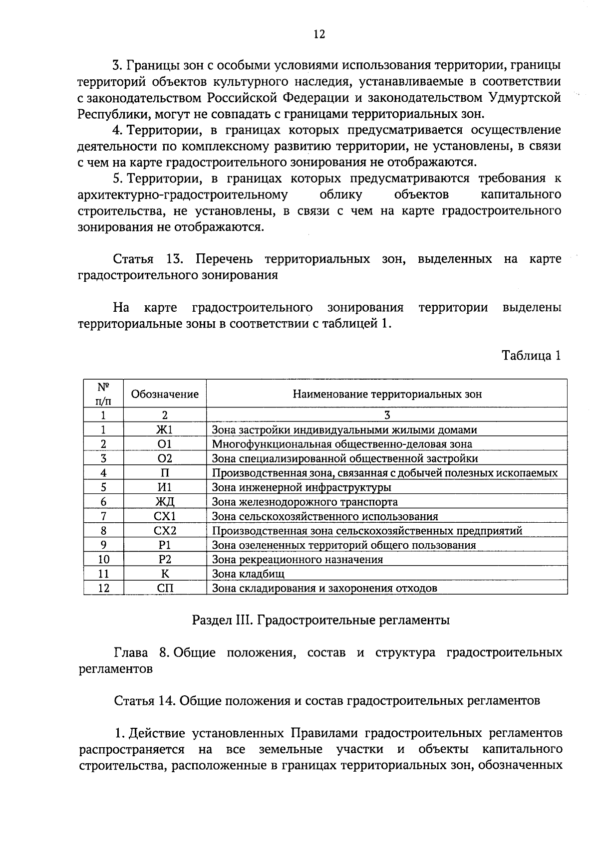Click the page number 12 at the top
[319, 34]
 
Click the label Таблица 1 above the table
[531, 355]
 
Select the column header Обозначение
[165, 394]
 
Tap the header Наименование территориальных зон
[387, 394]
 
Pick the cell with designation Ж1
[165, 430]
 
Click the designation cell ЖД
[165, 502]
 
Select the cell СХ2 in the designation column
[165, 531]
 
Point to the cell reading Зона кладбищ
[248, 574]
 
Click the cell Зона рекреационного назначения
[298, 559]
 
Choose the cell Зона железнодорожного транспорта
[305, 502]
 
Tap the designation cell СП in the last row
[165, 588]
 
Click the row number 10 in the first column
[103, 559]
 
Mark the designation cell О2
[165, 458]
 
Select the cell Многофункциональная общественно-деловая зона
[342, 444]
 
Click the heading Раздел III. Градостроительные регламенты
[320, 620]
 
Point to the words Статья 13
[142, 259]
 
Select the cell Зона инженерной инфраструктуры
[301, 487]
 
